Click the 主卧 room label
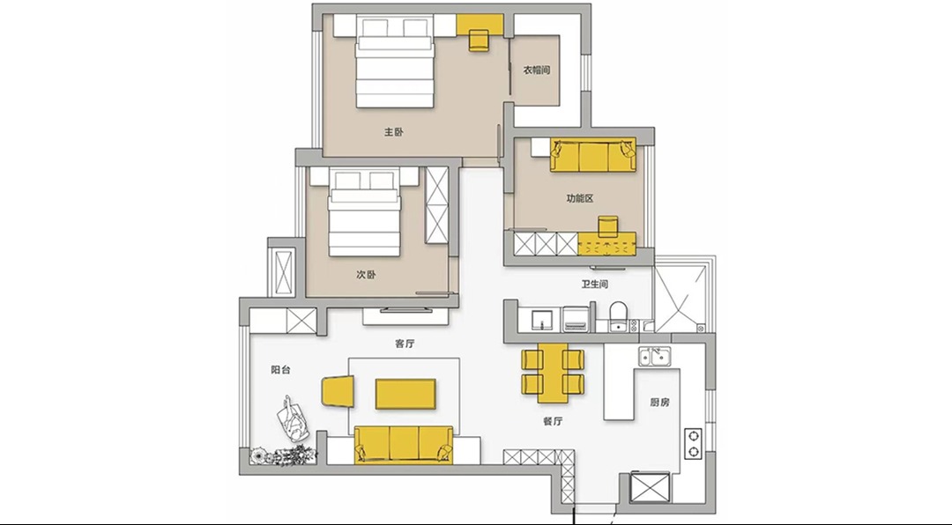click(393, 132)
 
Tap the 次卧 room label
click(366, 274)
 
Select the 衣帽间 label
click(537, 70)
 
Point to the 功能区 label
click(580, 198)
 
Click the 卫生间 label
click(594, 284)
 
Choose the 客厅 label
click(405, 344)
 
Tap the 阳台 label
click(280, 369)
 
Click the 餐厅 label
click(553, 420)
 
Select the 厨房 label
click(659, 402)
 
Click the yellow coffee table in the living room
click(405, 394)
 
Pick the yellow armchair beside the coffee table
click(338, 391)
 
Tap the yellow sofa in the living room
click(404, 445)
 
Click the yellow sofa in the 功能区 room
click(593, 155)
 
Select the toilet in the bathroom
click(618, 315)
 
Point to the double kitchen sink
click(654, 356)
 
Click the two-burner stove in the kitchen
click(694, 443)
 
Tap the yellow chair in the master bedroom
click(479, 40)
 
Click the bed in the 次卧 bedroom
click(364, 212)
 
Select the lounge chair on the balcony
click(294, 418)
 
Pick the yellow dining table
click(553, 373)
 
